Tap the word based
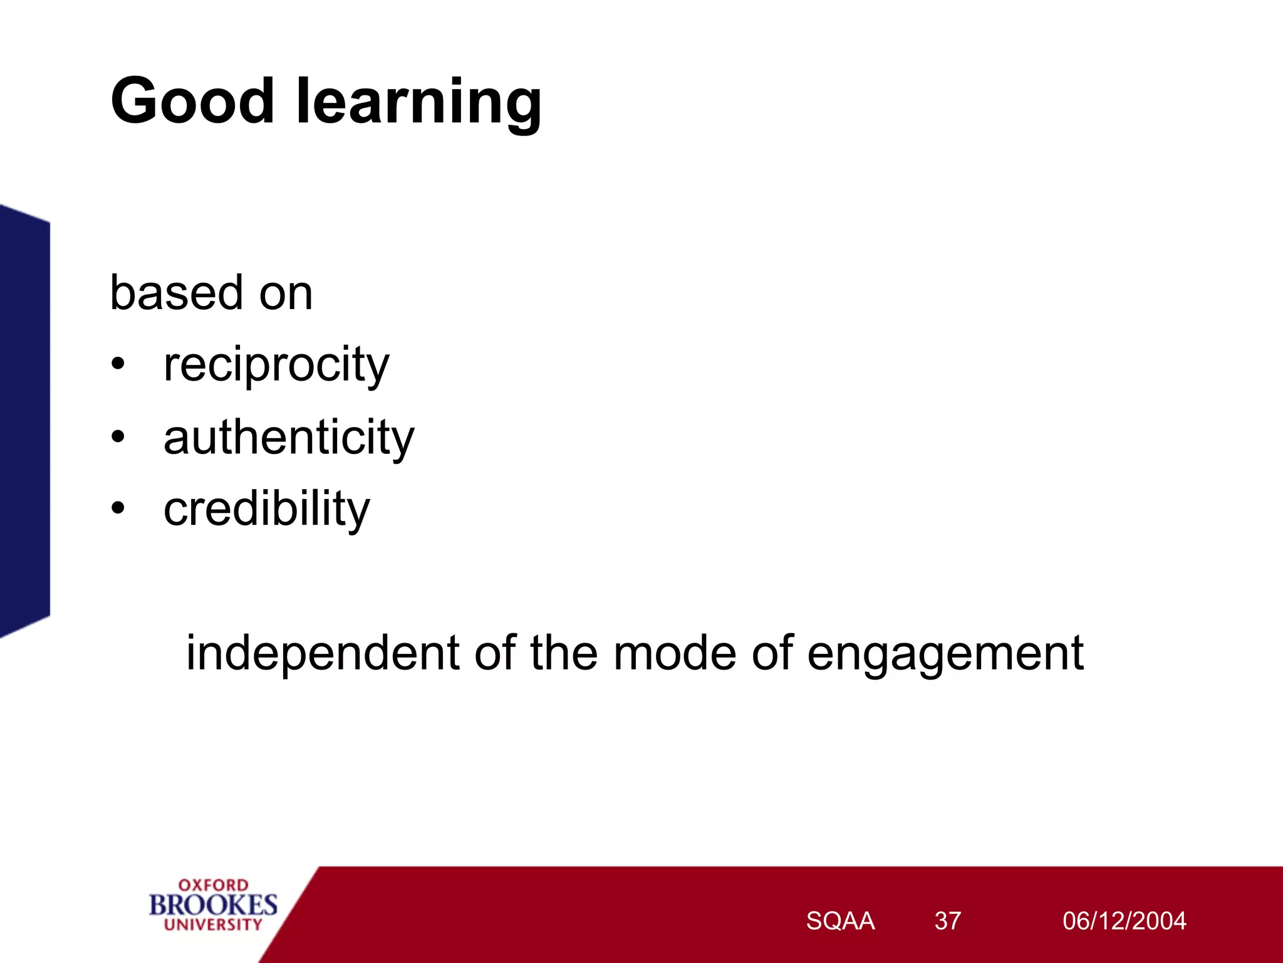pyautogui.click(x=176, y=293)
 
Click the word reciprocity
pyautogui.click(x=276, y=366)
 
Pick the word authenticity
pyautogui.click(x=289, y=437)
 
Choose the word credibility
pyautogui.click(x=267, y=509)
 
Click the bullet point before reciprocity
pyautogui.click(x=118, y=364)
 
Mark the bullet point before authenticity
pyautogui.click(x=118, y=436)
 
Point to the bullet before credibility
pyautogui.click(x=118, y=508)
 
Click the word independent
pyautogui.click(x=323, y=653)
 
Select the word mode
pyautogui.click(x=674, y=653)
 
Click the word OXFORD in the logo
pyautogui.click(x=213, y=885)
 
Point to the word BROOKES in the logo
pyautogui.click(x=213, y=905)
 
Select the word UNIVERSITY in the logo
pyautogui.click(x=213, y=924)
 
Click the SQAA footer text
pyautogui.click(x=840, y=921)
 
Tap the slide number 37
pyautogui.click(x=947, y=921)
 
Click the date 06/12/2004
pyautogui.click(x=1124, y=921)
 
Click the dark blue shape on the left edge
pyautogui.click(x=24, y=420)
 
